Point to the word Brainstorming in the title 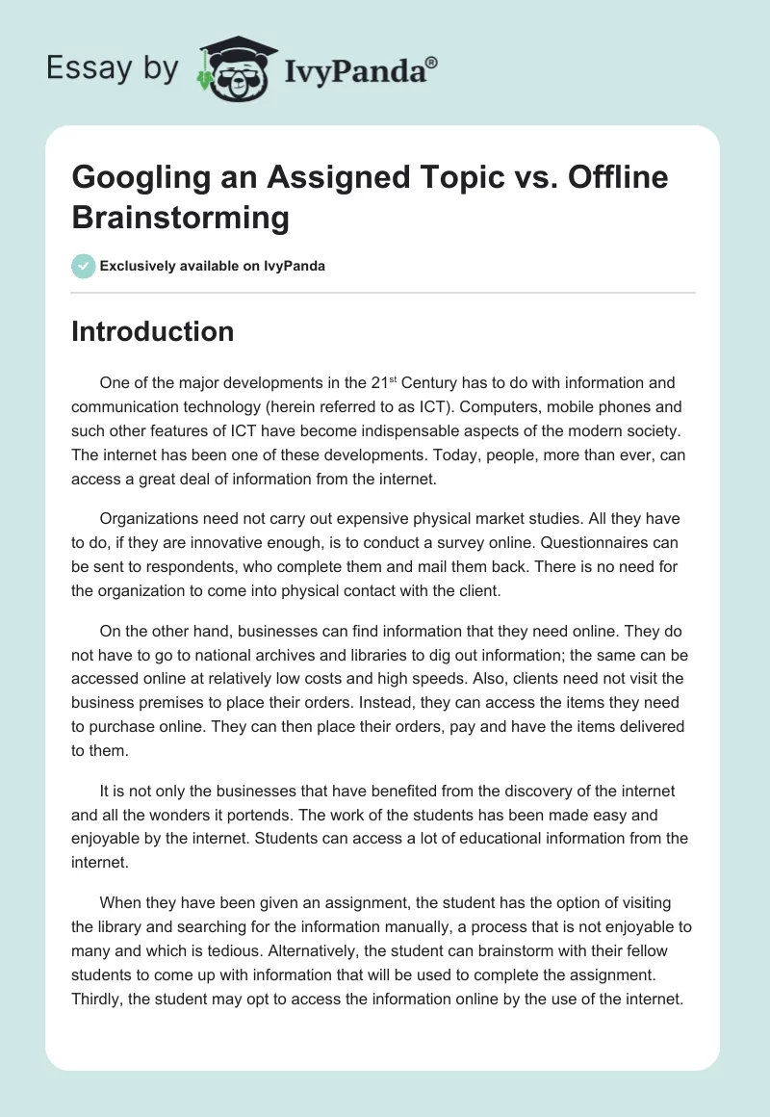coord(181,218)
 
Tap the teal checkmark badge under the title coord(84,266)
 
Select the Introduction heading coord(153,331)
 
